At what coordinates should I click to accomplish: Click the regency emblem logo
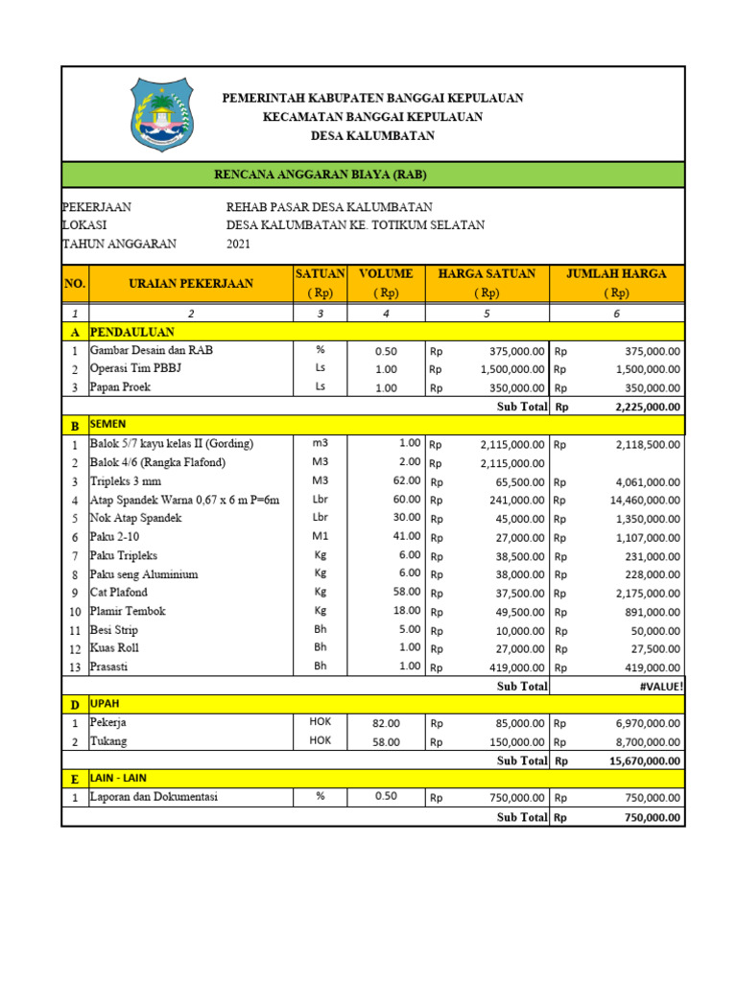tap(161, 113)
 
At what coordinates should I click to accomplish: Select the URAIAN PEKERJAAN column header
tap(191, 283)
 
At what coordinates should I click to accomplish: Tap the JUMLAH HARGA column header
tap(616, 274)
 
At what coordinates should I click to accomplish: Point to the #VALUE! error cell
tap(659, 686)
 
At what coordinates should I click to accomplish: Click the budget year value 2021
tap(238, 244)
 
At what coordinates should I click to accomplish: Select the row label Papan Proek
tap(120, 387)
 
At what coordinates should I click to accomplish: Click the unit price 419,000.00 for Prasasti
tap(512, 666)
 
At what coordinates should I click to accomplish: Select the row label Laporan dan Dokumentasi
tap(154, 797)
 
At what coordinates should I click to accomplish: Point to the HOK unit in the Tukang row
tap(320, 740)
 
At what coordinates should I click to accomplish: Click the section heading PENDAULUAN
tap(132, 332)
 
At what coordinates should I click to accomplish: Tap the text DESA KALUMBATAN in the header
tap(372, 136)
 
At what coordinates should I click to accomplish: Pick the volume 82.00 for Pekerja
tap(386, 723)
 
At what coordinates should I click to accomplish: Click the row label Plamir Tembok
tap(128, 611)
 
